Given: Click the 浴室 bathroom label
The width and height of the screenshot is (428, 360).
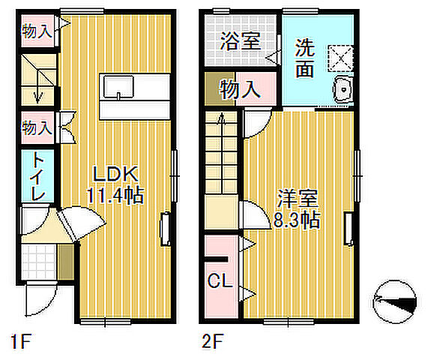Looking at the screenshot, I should click(x=241, y=41).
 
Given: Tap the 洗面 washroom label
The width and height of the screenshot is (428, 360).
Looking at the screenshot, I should click(x=304, y=58).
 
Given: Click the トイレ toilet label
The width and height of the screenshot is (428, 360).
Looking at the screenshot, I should click(x=36, y=178).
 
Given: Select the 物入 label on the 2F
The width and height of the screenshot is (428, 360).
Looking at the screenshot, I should click(x=240, y=90).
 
